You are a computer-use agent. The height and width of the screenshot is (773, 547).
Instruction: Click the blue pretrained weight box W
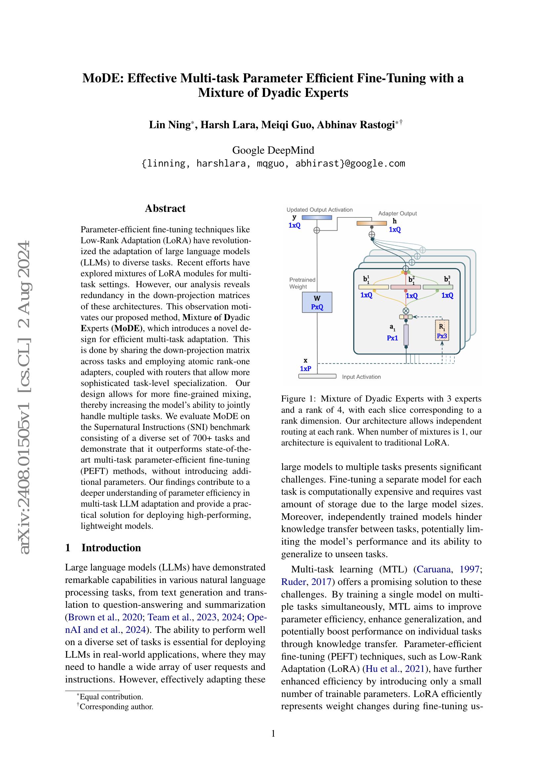317,302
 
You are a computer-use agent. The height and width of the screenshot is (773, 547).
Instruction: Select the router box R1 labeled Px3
442,330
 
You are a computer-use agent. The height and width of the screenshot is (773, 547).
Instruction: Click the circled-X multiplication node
406,311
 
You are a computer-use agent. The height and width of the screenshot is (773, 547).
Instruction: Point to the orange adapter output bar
372,223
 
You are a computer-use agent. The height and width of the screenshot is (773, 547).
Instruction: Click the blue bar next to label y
316,217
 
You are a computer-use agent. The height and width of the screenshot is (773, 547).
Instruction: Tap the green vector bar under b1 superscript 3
438,287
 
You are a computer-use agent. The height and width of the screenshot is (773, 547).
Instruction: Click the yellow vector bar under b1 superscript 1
373,287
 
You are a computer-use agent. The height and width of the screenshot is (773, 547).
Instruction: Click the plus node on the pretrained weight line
316,230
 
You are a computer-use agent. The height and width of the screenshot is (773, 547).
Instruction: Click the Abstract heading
165,209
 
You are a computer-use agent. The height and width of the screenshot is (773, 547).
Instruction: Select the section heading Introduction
111,548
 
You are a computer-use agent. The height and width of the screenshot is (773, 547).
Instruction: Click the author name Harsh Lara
229,125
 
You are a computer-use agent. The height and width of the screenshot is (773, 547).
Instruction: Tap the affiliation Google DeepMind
273,150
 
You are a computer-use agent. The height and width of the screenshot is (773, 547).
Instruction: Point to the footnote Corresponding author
116,707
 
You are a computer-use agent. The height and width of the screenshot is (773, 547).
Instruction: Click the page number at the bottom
273,734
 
